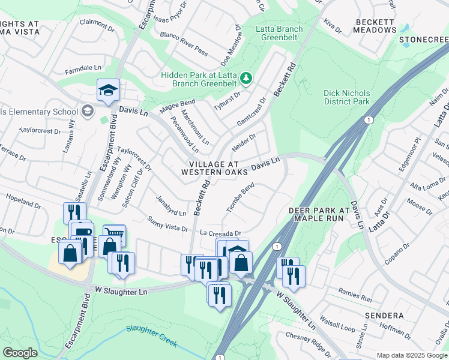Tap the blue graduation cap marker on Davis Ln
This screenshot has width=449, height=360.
click(108, 91)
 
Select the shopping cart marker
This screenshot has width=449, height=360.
click(114, 235)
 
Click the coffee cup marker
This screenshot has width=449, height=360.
click(82, 232)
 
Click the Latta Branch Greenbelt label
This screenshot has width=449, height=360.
click(279, 33)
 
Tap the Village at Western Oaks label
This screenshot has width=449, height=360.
click(214, 168)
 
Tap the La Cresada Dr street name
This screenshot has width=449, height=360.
click(220, 233)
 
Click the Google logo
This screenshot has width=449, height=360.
click(20, 352)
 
